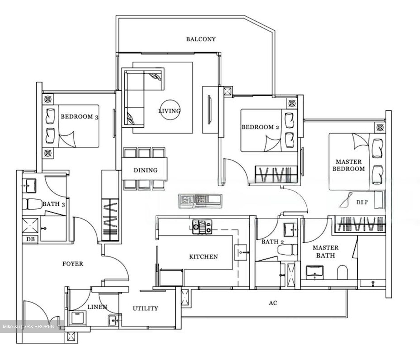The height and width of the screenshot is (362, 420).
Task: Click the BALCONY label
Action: [x=201, y=39]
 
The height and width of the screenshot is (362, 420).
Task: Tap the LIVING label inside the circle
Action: [x=169, y=111]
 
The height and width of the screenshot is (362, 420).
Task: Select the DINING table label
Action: [x=145, y=170]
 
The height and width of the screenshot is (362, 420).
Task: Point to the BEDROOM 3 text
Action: [x=79, y=117]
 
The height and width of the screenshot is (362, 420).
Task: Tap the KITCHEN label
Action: [x=203, y=257]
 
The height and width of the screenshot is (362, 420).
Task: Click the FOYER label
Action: [x=73, y=264]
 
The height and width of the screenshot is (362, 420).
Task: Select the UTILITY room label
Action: [x=145, y=308]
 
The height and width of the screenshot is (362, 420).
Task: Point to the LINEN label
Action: [x=97, y=307]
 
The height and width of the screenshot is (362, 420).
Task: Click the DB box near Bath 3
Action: [x=30, y=239]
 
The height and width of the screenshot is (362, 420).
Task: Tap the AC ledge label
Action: [x=273, y=303]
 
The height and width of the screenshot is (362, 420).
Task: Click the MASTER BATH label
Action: [x=325, y=251]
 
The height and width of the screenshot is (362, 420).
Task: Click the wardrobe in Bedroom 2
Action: [x=276, y=174]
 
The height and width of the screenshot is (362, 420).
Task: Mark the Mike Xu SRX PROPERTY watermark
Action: [x=32, y=326]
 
